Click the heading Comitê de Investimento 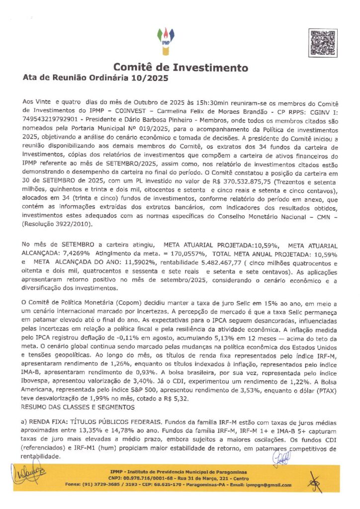tap(180, 68)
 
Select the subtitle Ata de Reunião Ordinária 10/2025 tap(96, 79)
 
